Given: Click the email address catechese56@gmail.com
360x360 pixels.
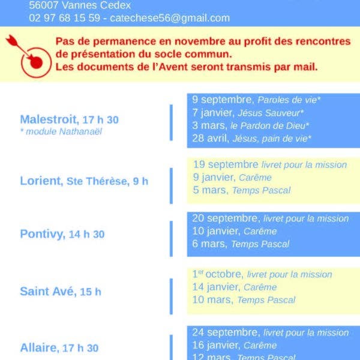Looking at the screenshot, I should click(171, 18).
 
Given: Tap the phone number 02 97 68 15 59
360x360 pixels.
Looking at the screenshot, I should click(64, 18).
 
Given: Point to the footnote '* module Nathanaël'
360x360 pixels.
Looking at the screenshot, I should click(61, 131).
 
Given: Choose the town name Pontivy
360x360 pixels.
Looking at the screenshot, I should click(41, 234).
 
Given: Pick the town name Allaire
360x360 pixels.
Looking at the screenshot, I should click(39, 347).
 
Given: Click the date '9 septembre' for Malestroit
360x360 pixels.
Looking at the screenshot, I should click(222, 100).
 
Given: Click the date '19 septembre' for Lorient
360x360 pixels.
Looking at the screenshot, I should click(226, 164).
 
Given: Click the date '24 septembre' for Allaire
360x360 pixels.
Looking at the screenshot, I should click(226, 332).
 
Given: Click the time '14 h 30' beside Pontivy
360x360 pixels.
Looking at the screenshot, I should click(86, 235).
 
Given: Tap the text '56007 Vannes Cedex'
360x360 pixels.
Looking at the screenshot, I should click(80, 5).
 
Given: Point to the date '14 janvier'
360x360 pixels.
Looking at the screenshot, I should click(215, 287).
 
